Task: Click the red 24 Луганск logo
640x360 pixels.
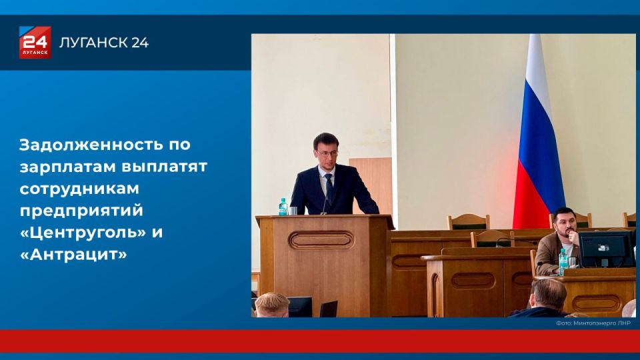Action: tap(35, 43)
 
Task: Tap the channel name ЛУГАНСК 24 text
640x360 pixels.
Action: tap(104, 43)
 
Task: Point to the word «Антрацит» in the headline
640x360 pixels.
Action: tap(73, 254)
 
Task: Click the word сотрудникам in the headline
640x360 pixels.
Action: tap(79, 189)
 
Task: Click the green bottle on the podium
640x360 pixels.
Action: tap(283, 207)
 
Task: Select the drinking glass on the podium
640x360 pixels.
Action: tap(293, 211)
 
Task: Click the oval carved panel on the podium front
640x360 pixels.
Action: tap(321, 241)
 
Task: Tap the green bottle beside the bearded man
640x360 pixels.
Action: tap(563, 262)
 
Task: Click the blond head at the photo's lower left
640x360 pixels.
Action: tap(272, 305)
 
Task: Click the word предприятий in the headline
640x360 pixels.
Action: tap(81, 211)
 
